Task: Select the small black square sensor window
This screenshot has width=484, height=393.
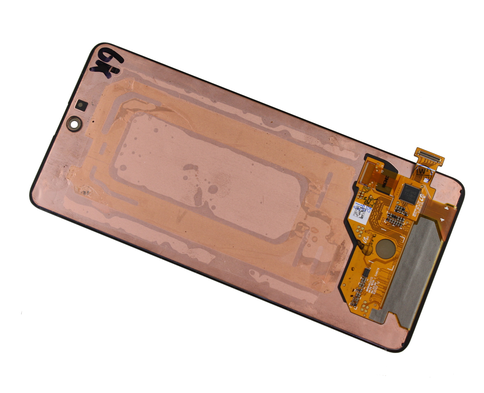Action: (x=81, y=105)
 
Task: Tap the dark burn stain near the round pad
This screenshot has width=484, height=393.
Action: (x=368, y=243)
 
